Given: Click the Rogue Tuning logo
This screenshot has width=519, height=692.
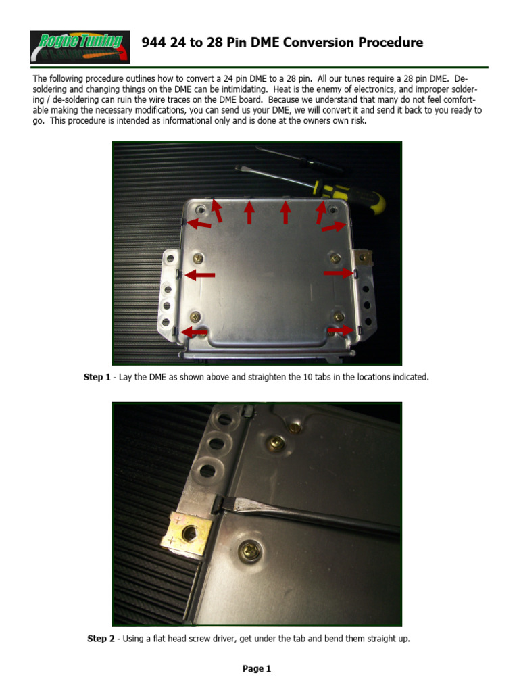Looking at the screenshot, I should (76, 47).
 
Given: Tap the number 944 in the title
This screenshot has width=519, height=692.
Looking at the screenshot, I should (154, 43).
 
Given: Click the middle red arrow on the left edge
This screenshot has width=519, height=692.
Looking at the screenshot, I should (200, 275).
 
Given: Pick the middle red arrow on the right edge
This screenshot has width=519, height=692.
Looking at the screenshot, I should (338, 273).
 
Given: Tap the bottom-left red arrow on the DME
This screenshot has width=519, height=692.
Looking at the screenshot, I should (195, 332).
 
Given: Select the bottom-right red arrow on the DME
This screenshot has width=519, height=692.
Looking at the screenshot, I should (341, 330).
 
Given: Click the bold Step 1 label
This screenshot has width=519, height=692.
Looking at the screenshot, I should (97, 377).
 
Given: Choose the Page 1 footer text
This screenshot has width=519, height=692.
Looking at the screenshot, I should (257, 669).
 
